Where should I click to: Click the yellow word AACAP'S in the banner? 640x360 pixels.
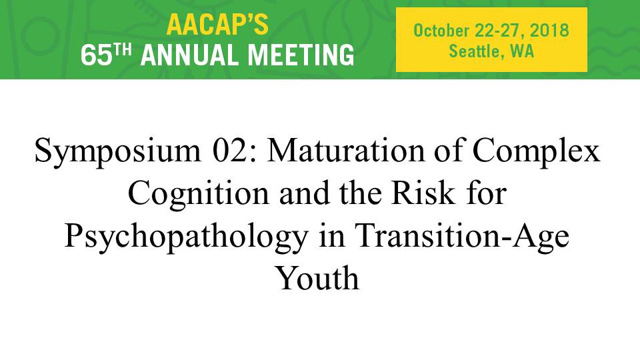pyautogui.click(x=217, y=25)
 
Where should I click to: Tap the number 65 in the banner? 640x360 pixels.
pyautogui.click(x=96, y=55)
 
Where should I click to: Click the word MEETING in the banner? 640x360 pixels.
pyautogui.click(x=301, y=55)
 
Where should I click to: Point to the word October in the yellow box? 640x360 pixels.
pyautogui.click(x=441, y=31)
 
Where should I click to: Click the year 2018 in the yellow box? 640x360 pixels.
pyautogui.click(x=549, y=31)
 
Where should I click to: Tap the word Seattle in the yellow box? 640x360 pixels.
pyautogui.click(x=474, y=51)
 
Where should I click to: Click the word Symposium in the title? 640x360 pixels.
pyautogui.click(x=118, y=152)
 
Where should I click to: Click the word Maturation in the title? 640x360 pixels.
pyautogui.click(x=346, y=150)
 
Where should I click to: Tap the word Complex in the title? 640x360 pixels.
pyautogui.click(x=536, y=152)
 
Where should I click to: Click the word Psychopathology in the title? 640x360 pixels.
pyautogui.click(x=186, y=237)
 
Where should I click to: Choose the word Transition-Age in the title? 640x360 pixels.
pyautogui.click(x=462, y=237)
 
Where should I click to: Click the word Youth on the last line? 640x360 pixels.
pyautogui.click(x=318, y=277)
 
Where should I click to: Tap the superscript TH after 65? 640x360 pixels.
pyautogui.click(x=123, y=50)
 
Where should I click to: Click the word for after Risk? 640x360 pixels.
pyautogui.click(x=486, y=193)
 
